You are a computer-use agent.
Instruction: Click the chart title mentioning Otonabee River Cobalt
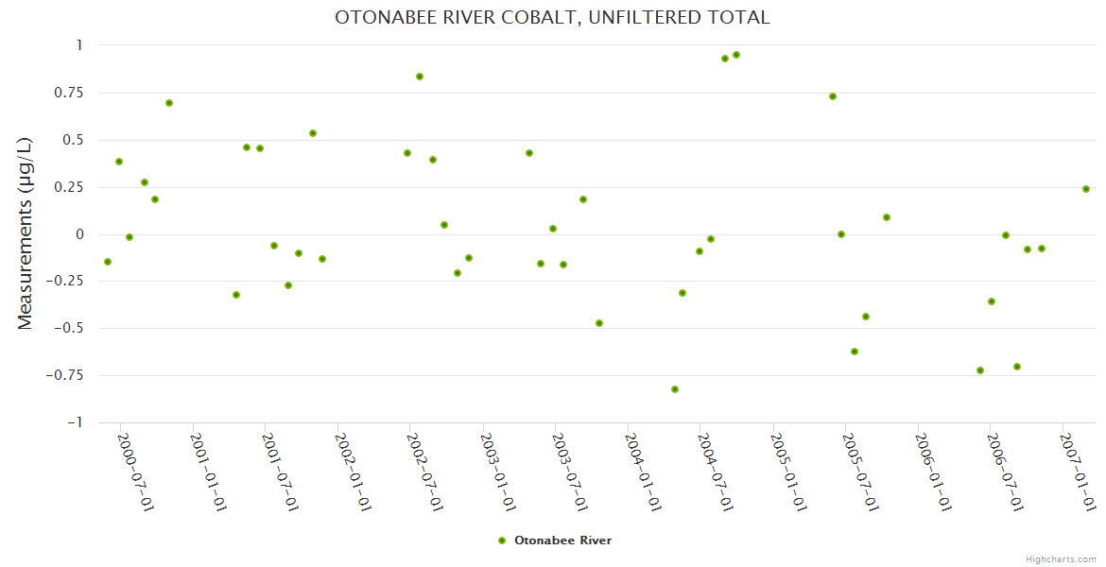pos(552,17)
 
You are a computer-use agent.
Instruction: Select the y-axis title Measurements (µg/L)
pos(26,233)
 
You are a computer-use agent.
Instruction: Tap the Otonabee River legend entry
pos(555,541)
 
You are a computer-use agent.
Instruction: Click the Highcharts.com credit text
pos(1061,558)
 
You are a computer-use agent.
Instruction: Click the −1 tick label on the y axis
pos(73,422)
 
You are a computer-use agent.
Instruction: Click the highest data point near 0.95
pos(736,55)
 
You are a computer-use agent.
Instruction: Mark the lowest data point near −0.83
pos(675,389)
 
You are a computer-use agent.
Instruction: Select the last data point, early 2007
pos(1086,189)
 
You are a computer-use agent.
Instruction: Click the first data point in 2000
pos(108,262)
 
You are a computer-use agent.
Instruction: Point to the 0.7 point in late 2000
pos(169,103)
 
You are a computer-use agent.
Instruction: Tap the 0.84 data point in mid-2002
pos(420,77)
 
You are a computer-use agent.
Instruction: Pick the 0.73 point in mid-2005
pos(833,96)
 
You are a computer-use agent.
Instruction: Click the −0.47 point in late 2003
pos(599,323)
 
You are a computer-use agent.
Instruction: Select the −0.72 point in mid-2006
pos(980,370)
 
